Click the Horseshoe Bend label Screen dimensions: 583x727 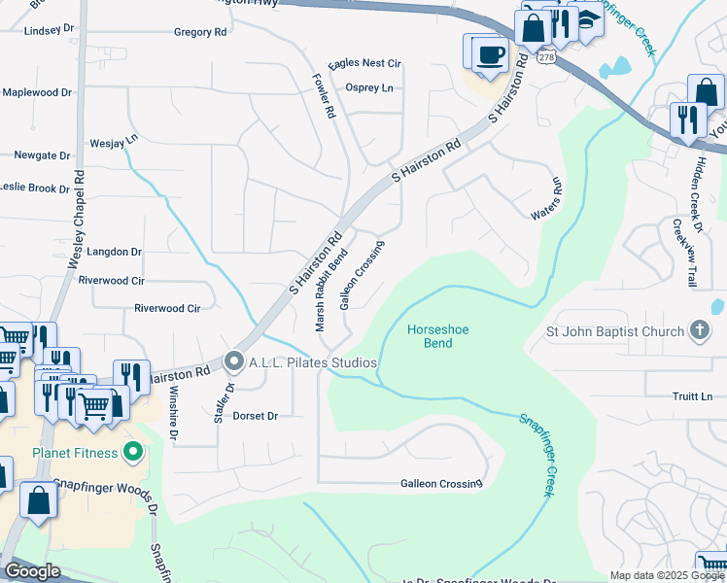(437, 336)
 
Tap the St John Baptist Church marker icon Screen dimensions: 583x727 (700, 331)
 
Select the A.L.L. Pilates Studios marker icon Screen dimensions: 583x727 (234, 362)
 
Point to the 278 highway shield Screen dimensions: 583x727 (548, 58)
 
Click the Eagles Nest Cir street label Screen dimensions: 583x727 (364, 64)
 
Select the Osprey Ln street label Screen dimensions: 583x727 (369, 87)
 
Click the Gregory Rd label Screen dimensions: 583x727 (199, 32)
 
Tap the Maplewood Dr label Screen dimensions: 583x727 (37, 92)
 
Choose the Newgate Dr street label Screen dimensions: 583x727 (42, 155)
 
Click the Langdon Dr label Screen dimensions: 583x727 (114, 252)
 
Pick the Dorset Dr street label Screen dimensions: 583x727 (256, 416)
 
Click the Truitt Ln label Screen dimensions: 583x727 (692, 396)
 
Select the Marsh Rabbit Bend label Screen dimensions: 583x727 (330, 290)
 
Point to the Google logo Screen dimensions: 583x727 (32, 571)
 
